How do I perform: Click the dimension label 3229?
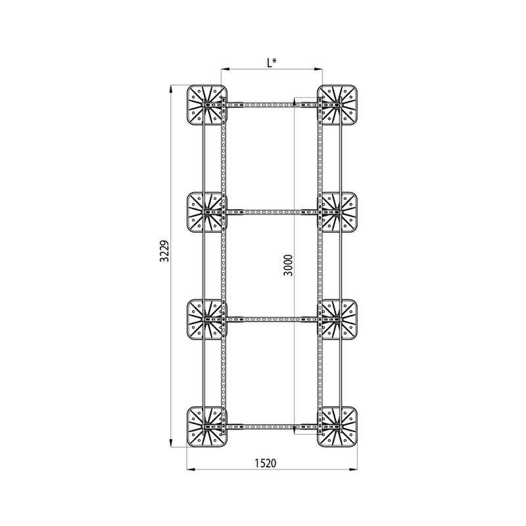click(x=164, y=251)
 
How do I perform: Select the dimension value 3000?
click(x=288, y=265)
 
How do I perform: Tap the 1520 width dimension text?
click(x=266, y=463)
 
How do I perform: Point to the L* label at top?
click(x=272, y=62)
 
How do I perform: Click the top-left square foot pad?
click(x=207, y=105)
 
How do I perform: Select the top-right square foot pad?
click(x=337, y=105)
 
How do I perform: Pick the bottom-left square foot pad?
click(x=207, y=427)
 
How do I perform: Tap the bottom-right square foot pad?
click(x=337, y=427)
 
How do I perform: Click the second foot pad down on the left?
click(x=207, y=212)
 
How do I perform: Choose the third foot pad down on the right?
click(x=337, y=320)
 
